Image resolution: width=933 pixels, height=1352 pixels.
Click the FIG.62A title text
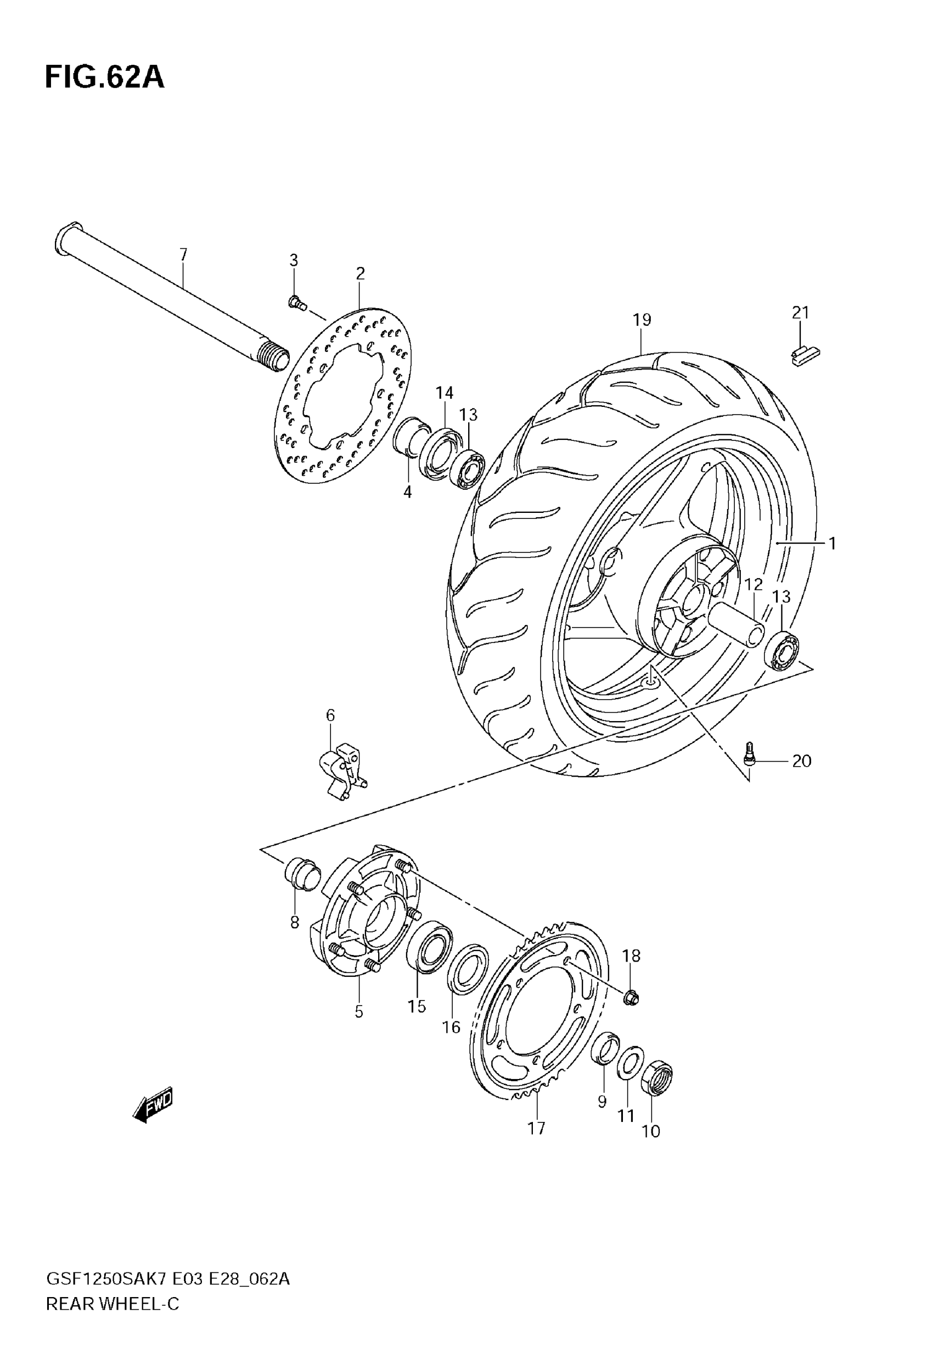click(x=105, y=78)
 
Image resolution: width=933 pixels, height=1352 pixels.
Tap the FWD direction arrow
click(x=154, y=1104)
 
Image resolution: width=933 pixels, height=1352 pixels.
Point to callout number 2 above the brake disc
click(x=360, y=273)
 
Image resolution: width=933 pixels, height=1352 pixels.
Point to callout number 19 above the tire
click(x=641, y=320)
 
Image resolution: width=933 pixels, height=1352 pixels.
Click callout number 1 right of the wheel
click(x=832, y=543)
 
